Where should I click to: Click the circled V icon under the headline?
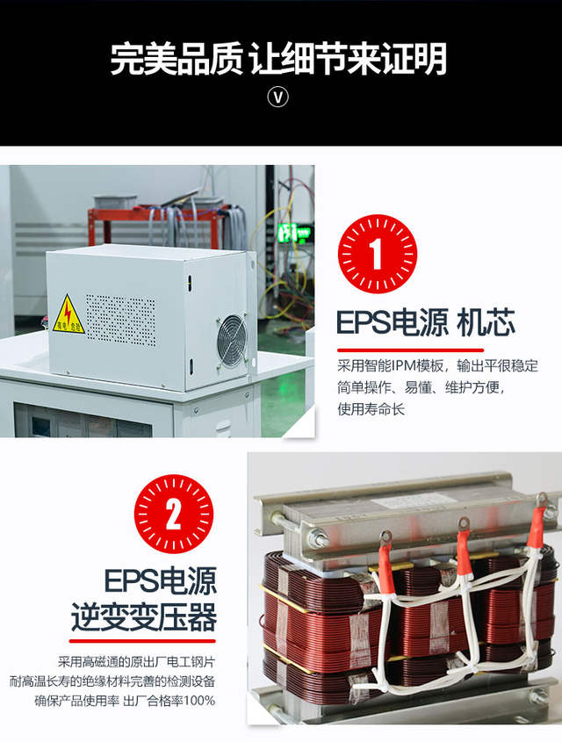(x=277, y=97)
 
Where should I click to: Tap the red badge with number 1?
(x=377, y=254)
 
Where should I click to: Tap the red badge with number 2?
(x=174, y=514)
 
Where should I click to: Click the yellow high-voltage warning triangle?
(x=68, y=315)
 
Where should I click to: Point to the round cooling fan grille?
(x=232, y=341)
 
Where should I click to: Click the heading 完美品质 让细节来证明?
(x=278, y=59)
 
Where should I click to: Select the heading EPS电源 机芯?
(x=426, y=323)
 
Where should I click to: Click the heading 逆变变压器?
(x=144, y=617)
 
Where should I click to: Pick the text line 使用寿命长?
(x=371, y=409)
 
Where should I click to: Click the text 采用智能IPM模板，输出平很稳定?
(x=437, y=366)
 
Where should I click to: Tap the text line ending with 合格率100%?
(x=125, y=701)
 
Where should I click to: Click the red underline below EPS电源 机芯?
(x=410, y=350)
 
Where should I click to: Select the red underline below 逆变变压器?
(x=142, y=641)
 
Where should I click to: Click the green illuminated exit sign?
(x=294, y=233)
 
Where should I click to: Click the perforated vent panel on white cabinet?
(x=120, y=320)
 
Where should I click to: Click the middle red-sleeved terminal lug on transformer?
(x=463, y=545)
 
